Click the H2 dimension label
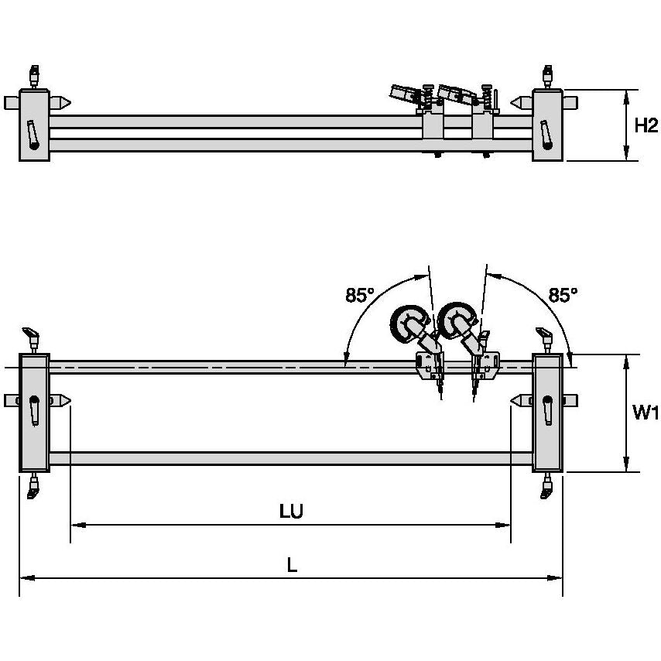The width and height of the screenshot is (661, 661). click(x=646, y=125)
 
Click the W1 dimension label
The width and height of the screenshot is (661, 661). click(x=646, y=413)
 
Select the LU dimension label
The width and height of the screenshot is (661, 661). click(x=291, y=512)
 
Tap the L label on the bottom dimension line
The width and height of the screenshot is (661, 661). click(x=291, y=566)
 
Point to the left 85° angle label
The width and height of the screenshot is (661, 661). click(x=360, y=295)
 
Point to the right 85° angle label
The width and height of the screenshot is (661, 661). click(x=563, y=295)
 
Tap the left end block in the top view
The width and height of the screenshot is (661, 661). click(x=34, y=125)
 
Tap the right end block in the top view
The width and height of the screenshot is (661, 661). click(x=548, y=125)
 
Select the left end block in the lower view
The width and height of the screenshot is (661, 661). click(x=34, y=413)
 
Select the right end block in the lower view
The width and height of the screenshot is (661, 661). click(x=547, y=413)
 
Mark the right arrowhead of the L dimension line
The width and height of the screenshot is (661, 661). click(x=558, y=577)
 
